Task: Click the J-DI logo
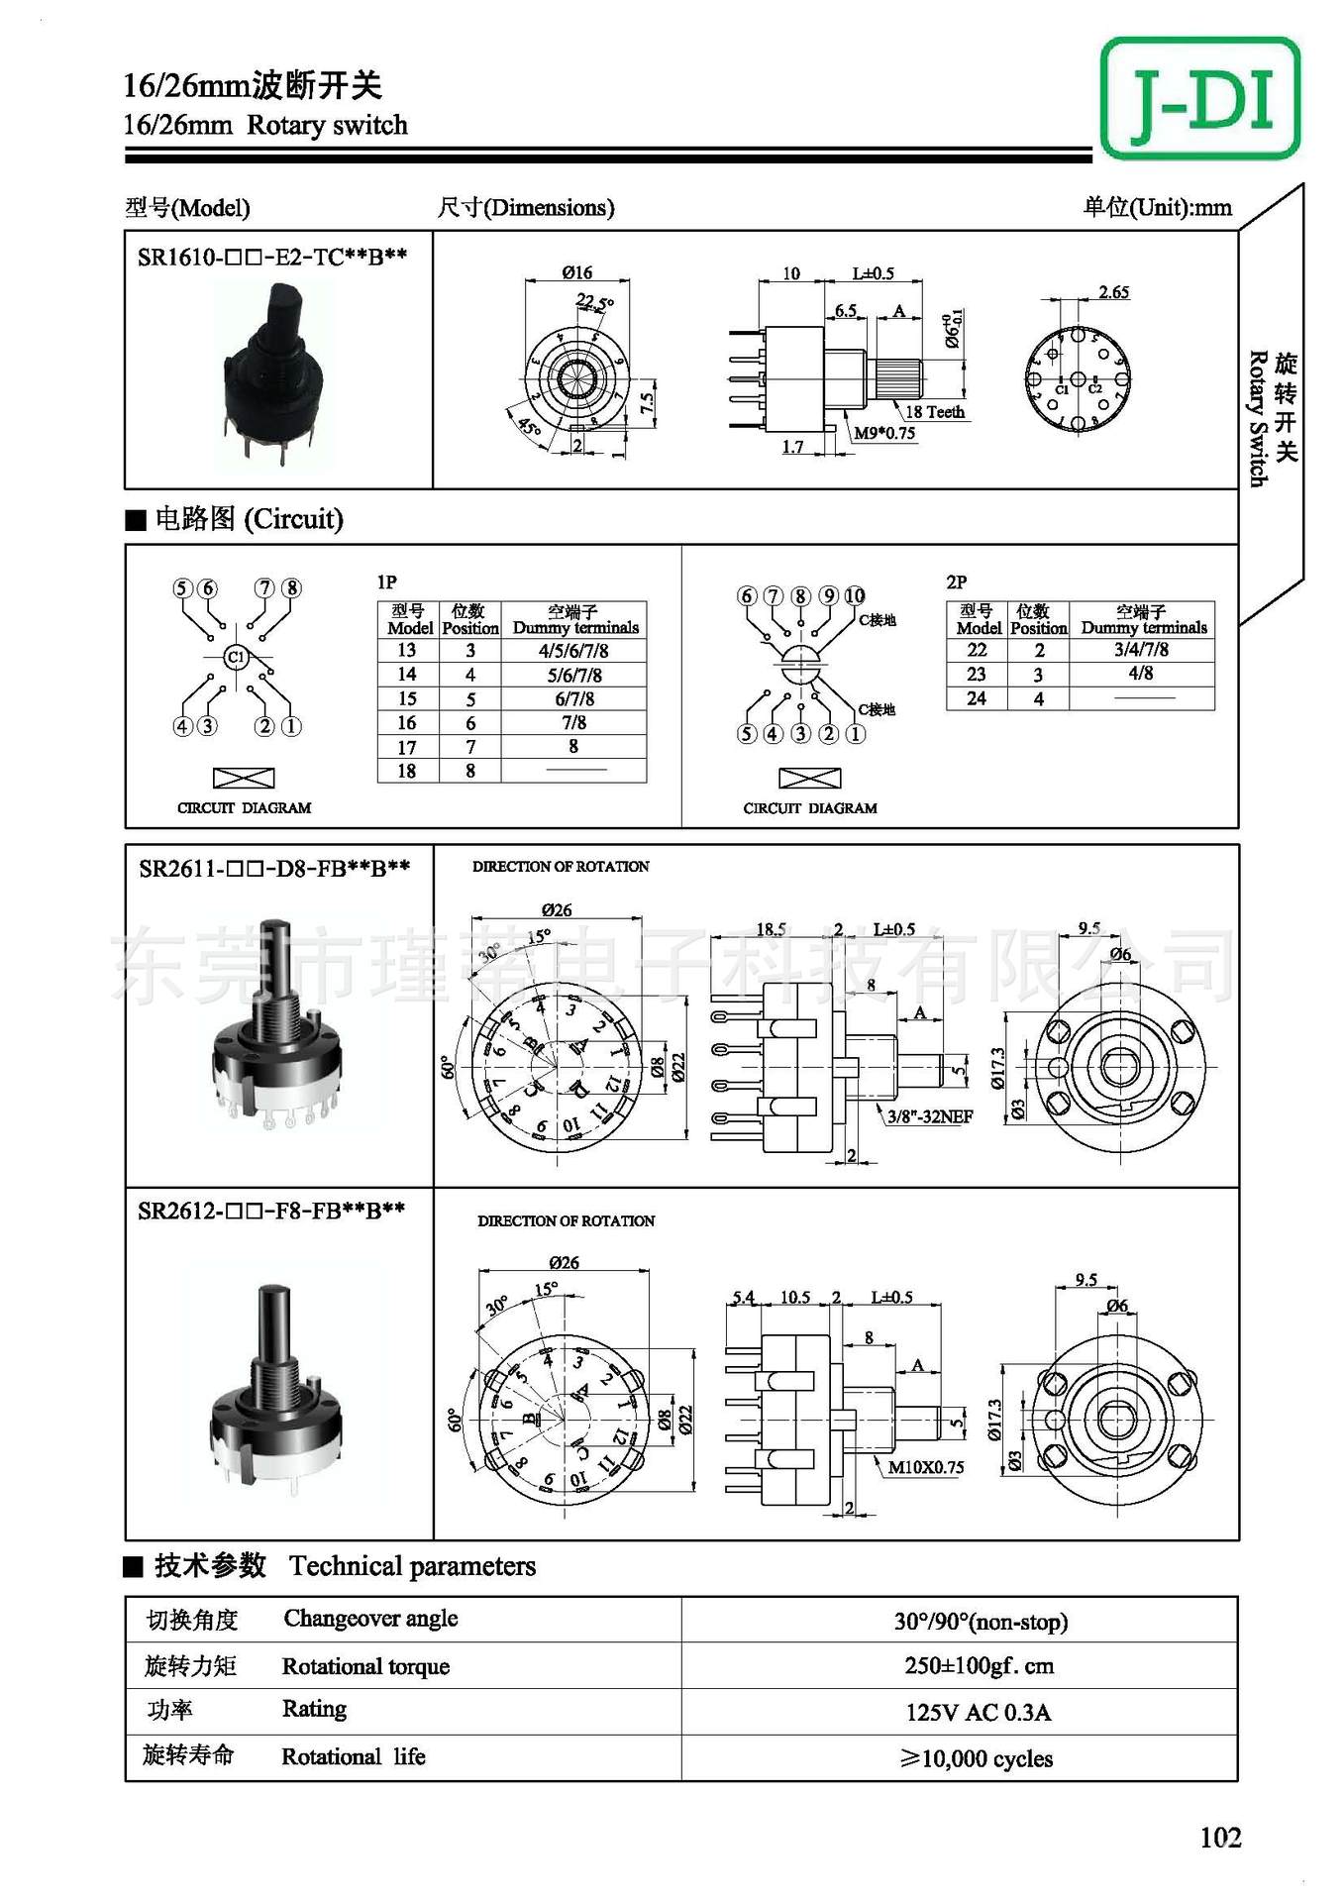coord(1199,98)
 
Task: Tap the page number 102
coord(1220,1838)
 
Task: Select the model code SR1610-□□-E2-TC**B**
coord(272,258)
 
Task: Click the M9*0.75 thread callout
coord(884,433)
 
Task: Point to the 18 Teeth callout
coord(934,412)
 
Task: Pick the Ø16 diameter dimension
coord(576,272)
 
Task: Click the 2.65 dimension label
coord(1113,292)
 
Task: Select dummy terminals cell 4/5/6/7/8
coord(573,651)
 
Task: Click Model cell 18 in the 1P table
coord(407,771)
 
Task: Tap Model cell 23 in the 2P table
coord(977,675)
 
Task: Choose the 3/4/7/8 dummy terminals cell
coord(1141,650)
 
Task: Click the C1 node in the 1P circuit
coord(236,657)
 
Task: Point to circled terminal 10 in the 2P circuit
coord(854,595)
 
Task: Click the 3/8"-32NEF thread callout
coord(929,1116)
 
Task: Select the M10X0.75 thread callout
coord(925,1467)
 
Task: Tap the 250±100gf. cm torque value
coord(979,1665)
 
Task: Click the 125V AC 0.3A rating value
coord(978,1712)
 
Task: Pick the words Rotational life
coord(354,1756)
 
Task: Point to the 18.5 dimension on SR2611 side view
coord(771,929)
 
